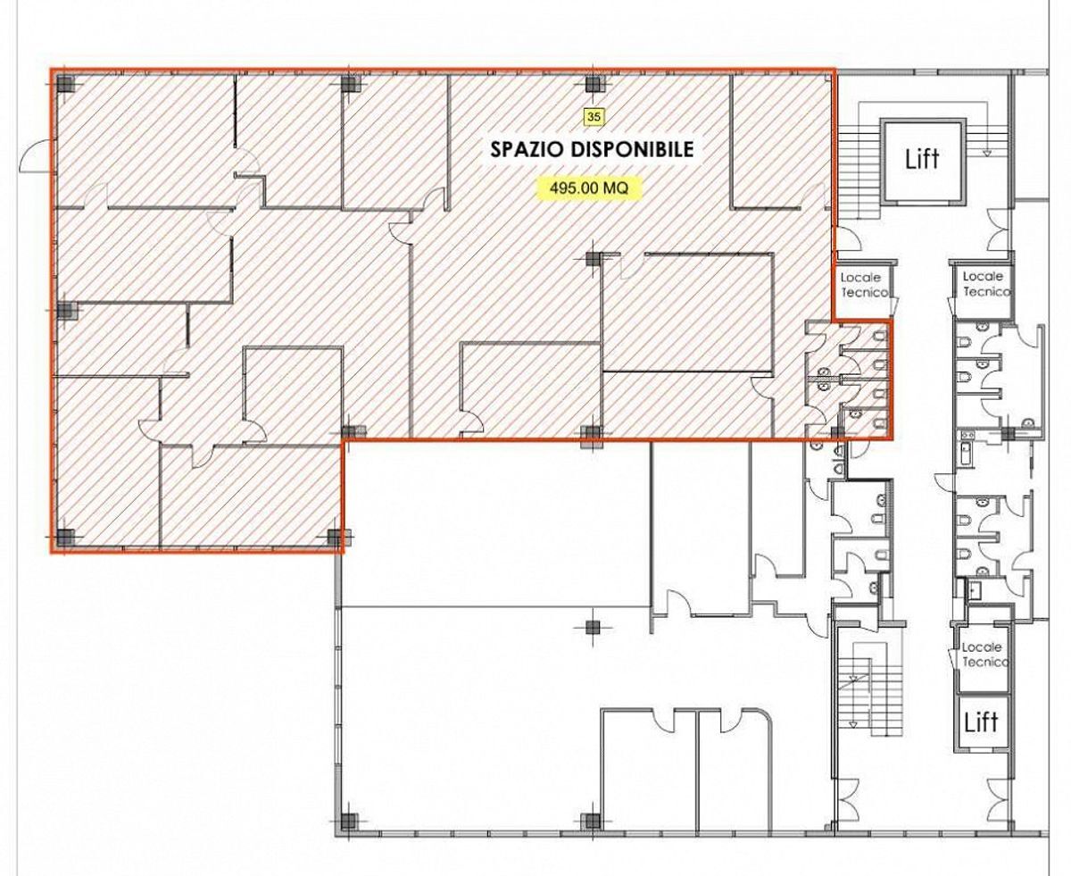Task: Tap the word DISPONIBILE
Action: point(633,149)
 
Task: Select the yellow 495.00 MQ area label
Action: point(589,188)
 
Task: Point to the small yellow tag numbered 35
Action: point(594,116)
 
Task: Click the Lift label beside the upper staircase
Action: point(922,159)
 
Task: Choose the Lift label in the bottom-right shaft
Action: point(981,722)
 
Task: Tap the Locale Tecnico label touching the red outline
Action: point(864,285)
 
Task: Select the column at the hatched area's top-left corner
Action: point(65,84)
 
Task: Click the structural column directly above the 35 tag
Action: point(594,84)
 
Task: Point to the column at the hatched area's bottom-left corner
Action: point(65,537)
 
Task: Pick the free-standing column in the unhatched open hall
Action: point(592,628)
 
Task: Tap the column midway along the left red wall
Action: point(66,311)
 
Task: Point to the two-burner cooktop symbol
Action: point(965,436)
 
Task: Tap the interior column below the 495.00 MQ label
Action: point(594,260)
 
